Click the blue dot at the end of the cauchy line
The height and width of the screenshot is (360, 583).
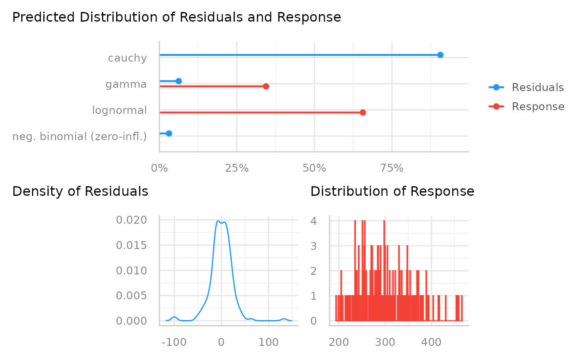(x=440, y=55)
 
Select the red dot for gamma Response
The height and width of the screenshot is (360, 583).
(x=266, y=86)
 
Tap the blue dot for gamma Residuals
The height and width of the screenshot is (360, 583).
(x=179, y=81)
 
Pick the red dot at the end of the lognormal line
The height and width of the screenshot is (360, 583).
(x=363, y=113)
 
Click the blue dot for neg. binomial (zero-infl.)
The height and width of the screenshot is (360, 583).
(x=169, y=133)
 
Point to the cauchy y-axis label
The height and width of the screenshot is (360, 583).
(x=127, y=58)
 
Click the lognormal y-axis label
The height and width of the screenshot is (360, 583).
(x=120, y=111)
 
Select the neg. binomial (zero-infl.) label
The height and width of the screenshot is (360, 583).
(x=80, y=136)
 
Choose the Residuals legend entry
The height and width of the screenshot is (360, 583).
(x=538, y=88)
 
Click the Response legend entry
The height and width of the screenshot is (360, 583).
(x=538, y=107)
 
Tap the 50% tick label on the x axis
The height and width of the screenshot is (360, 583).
(x=314, y=168)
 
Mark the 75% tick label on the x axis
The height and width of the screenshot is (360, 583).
(x=392, y=168)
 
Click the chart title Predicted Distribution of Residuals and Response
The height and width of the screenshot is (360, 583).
(x=177, y=17)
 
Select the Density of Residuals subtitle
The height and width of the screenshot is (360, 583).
(x=80, y=191)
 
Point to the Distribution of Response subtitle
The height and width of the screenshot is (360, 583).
(x=392, y=191)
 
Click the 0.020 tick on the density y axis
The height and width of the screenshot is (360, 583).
(x=131, y=220)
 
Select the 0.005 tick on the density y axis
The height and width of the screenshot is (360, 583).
(x=131, y=296)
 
